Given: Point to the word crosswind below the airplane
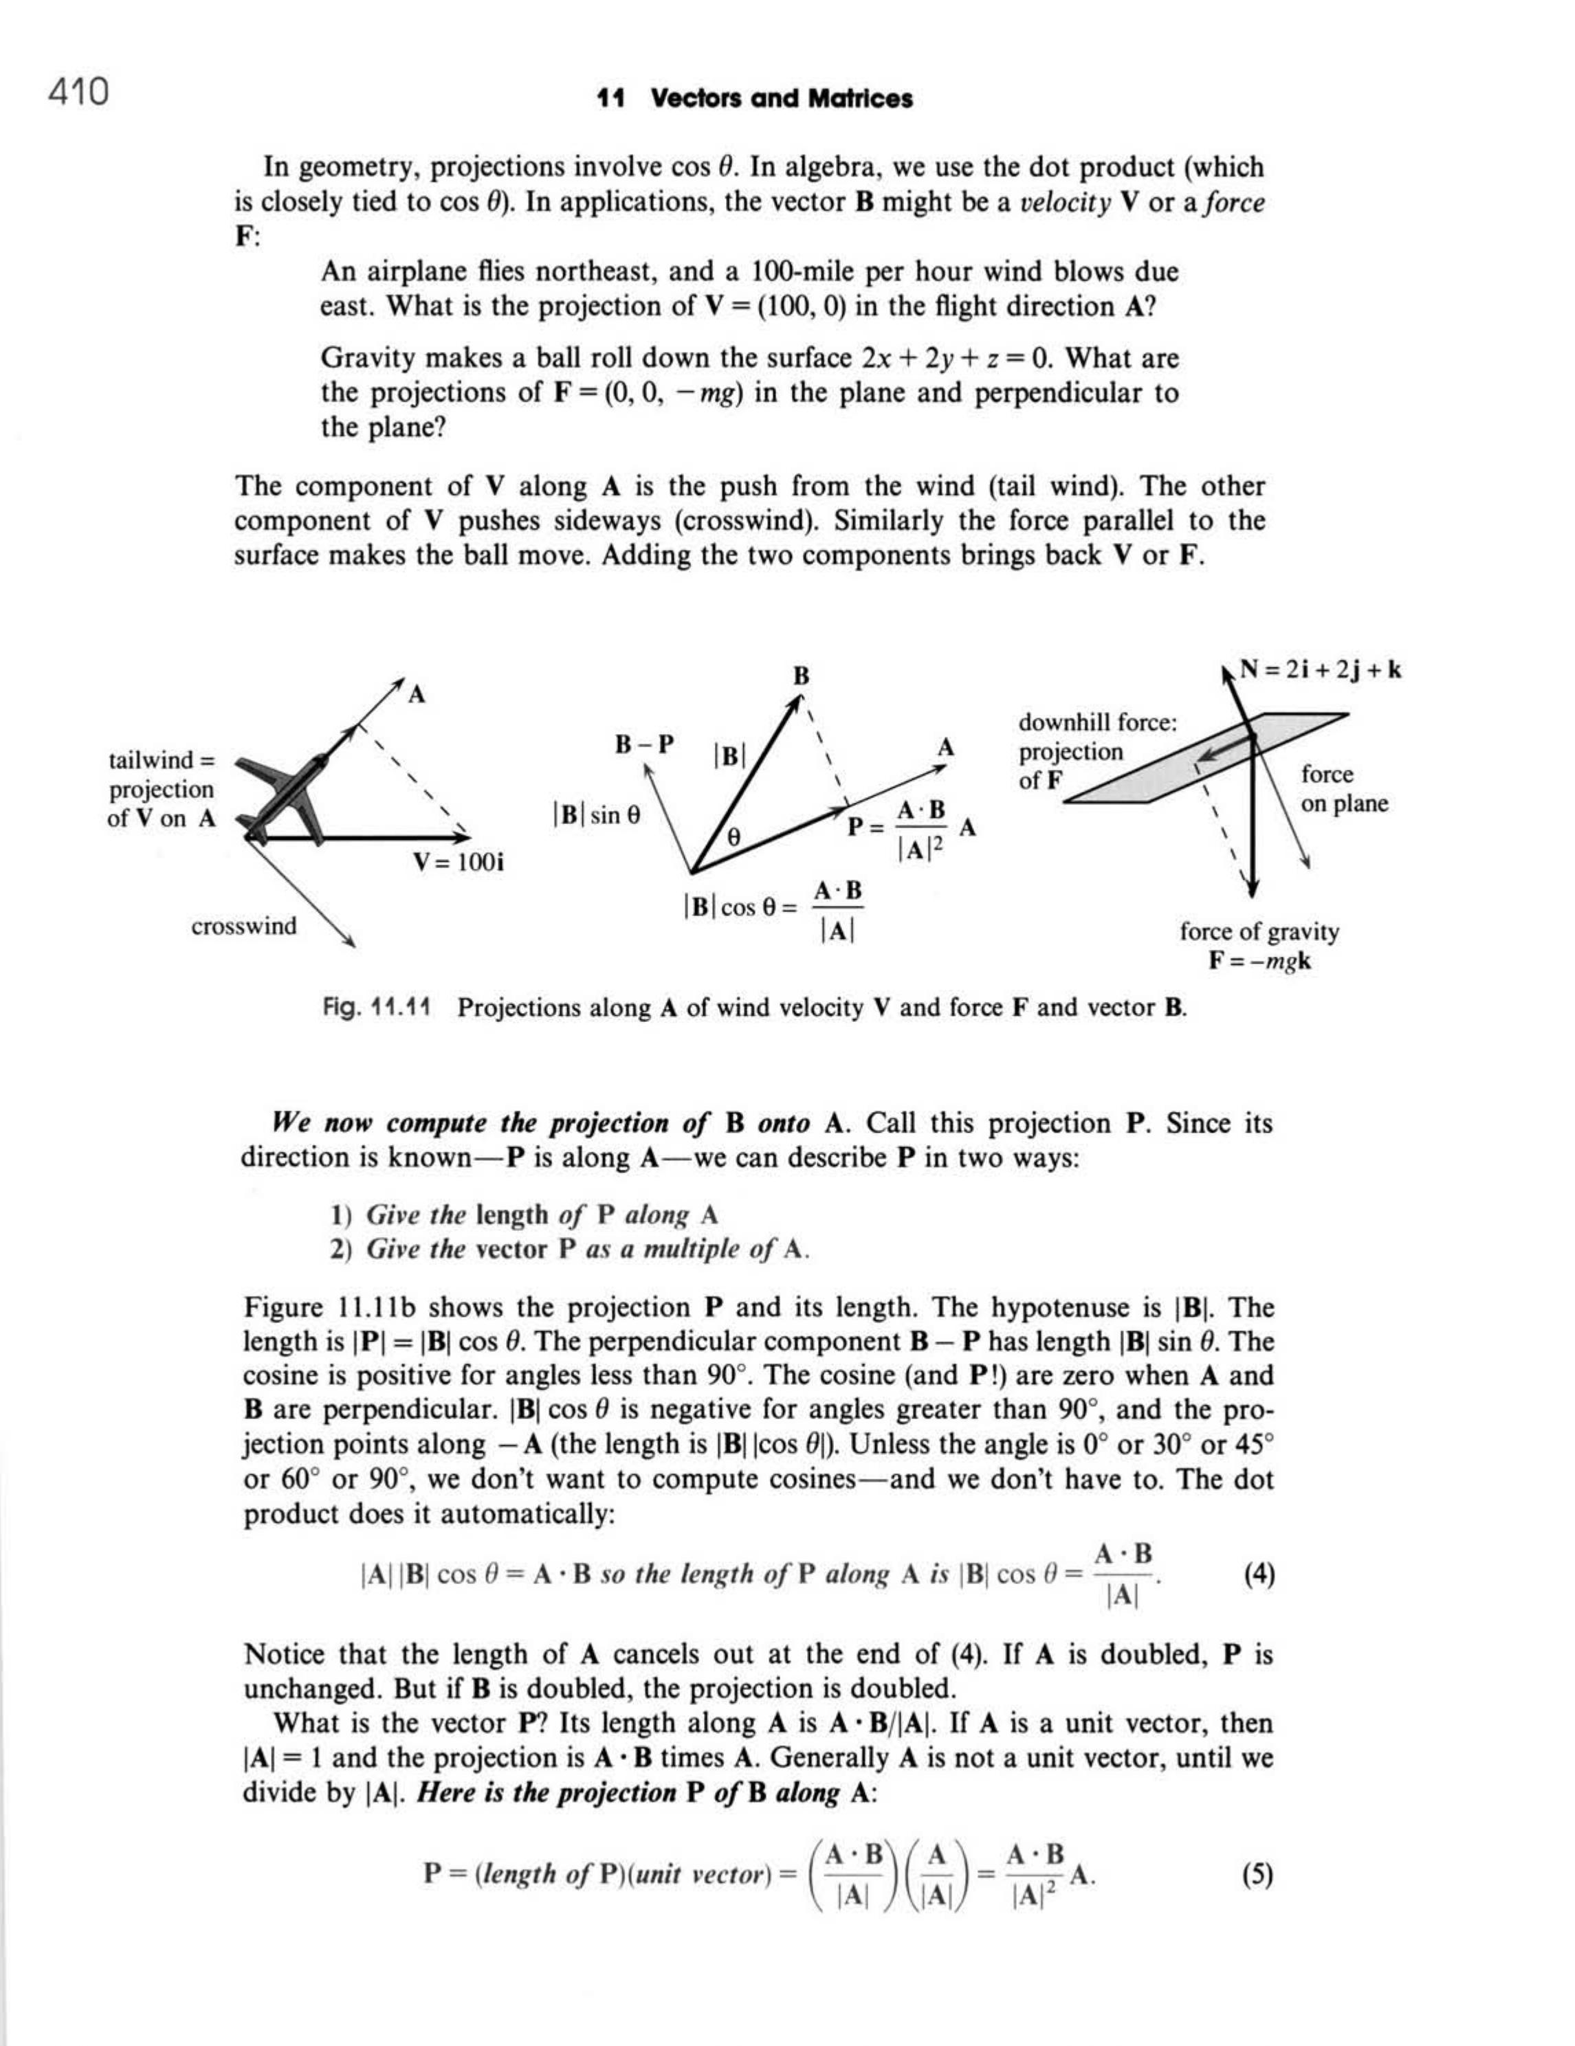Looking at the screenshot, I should (243, 926).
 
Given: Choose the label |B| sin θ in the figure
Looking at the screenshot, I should (597, 815).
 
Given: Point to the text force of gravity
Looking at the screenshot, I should (1258, 931).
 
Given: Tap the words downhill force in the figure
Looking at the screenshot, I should (1097, 722).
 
